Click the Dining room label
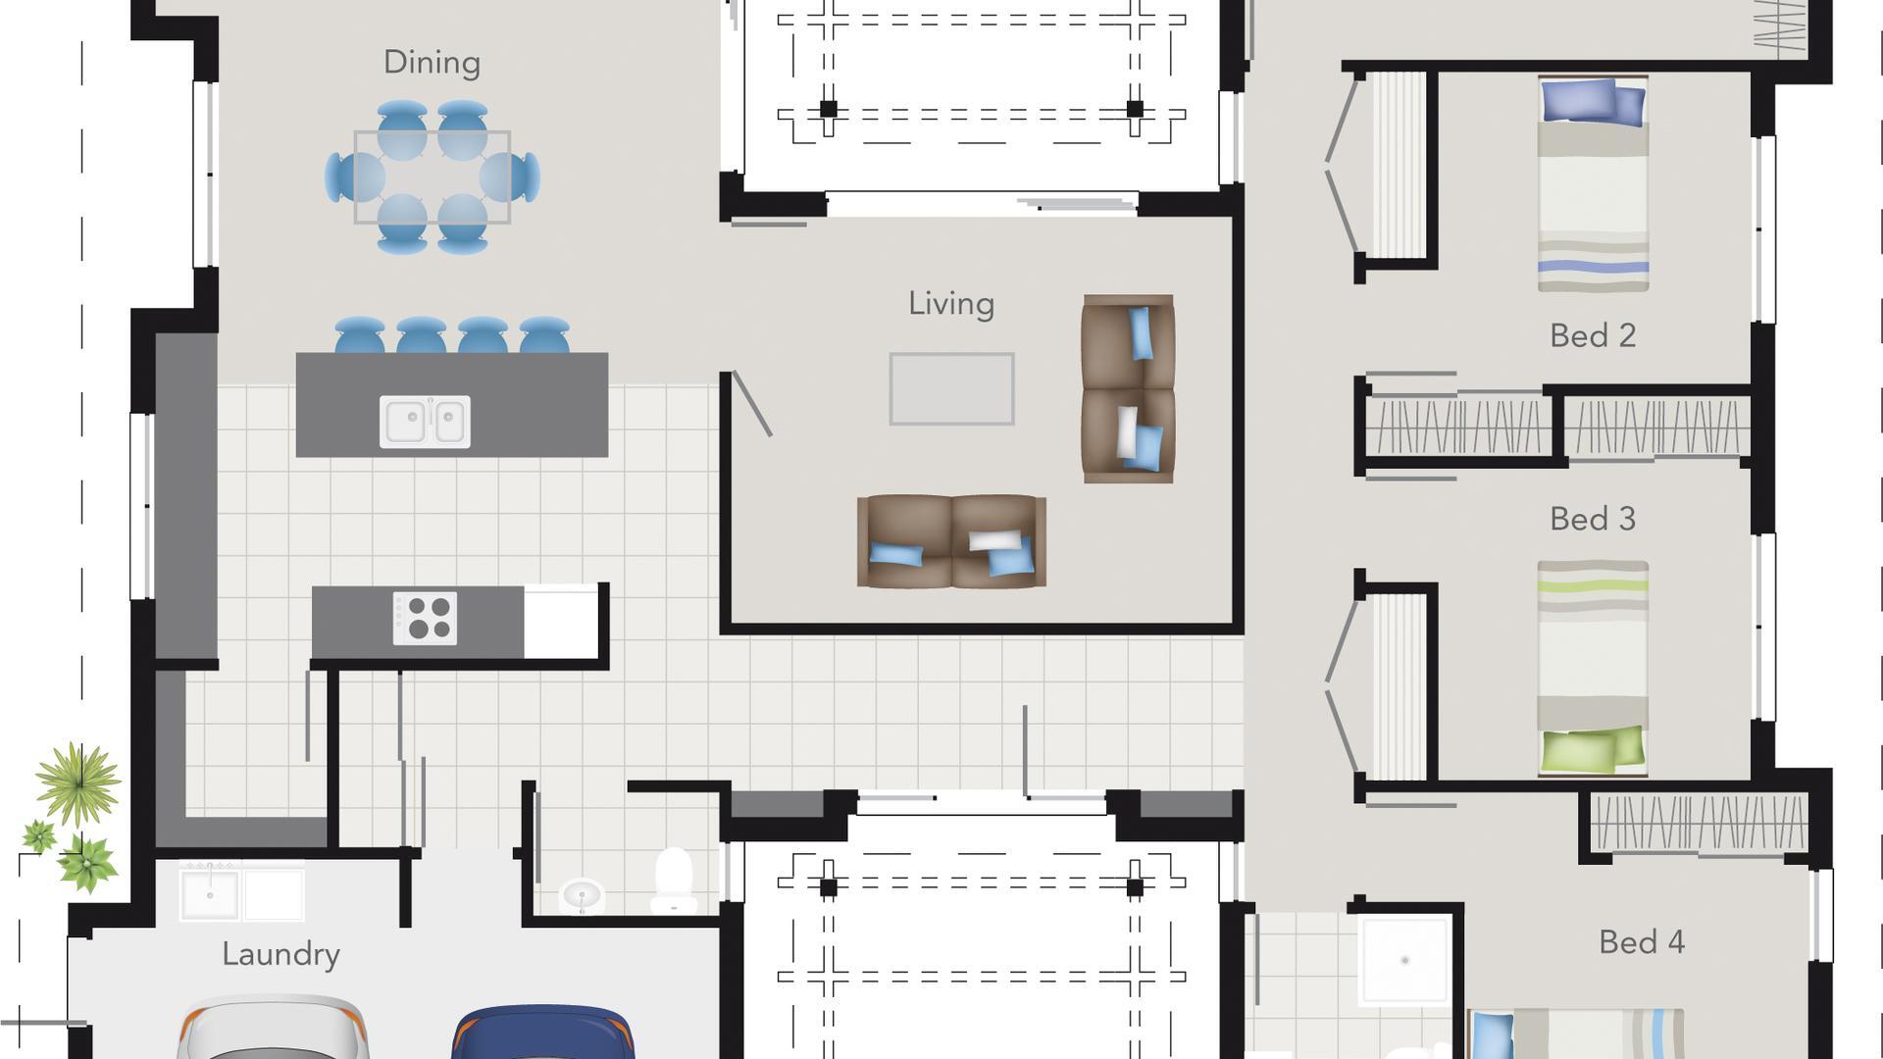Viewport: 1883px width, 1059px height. point(432,63)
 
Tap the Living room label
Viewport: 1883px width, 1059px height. point(950,304)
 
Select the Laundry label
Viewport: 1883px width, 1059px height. point(280,954)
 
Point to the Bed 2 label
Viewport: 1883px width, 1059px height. point(1592,336)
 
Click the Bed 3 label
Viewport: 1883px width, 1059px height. point(1592,519)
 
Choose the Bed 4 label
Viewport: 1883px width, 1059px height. point(1641,942)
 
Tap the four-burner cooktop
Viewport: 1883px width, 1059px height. point(425,619)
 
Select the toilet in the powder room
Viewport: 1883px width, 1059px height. point(673,880)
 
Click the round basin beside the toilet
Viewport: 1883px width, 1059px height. point(582,894)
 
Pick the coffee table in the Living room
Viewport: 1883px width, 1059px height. point(951,389)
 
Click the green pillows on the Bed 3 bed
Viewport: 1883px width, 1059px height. point(1592,749)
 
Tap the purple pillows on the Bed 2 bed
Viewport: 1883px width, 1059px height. point(1592,101)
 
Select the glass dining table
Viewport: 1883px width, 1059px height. point(432,177)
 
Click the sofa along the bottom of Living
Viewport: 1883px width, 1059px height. point(950,542)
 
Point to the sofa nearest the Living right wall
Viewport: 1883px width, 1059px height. point(1127,389)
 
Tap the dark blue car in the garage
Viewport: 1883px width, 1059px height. point(542,1034)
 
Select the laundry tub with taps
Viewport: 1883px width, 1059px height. point(209,894)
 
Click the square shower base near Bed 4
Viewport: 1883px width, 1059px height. point(1403,960)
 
